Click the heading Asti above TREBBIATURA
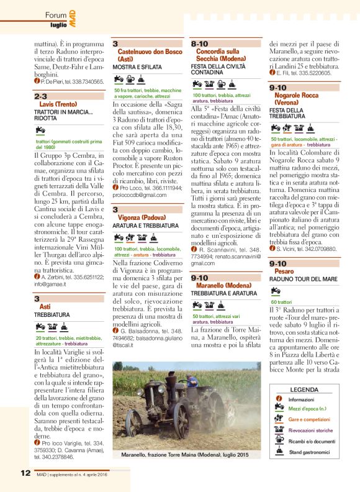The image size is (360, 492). point(45,307)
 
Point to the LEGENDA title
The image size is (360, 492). point(304,389)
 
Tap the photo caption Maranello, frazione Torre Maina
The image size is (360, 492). point(182,456)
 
